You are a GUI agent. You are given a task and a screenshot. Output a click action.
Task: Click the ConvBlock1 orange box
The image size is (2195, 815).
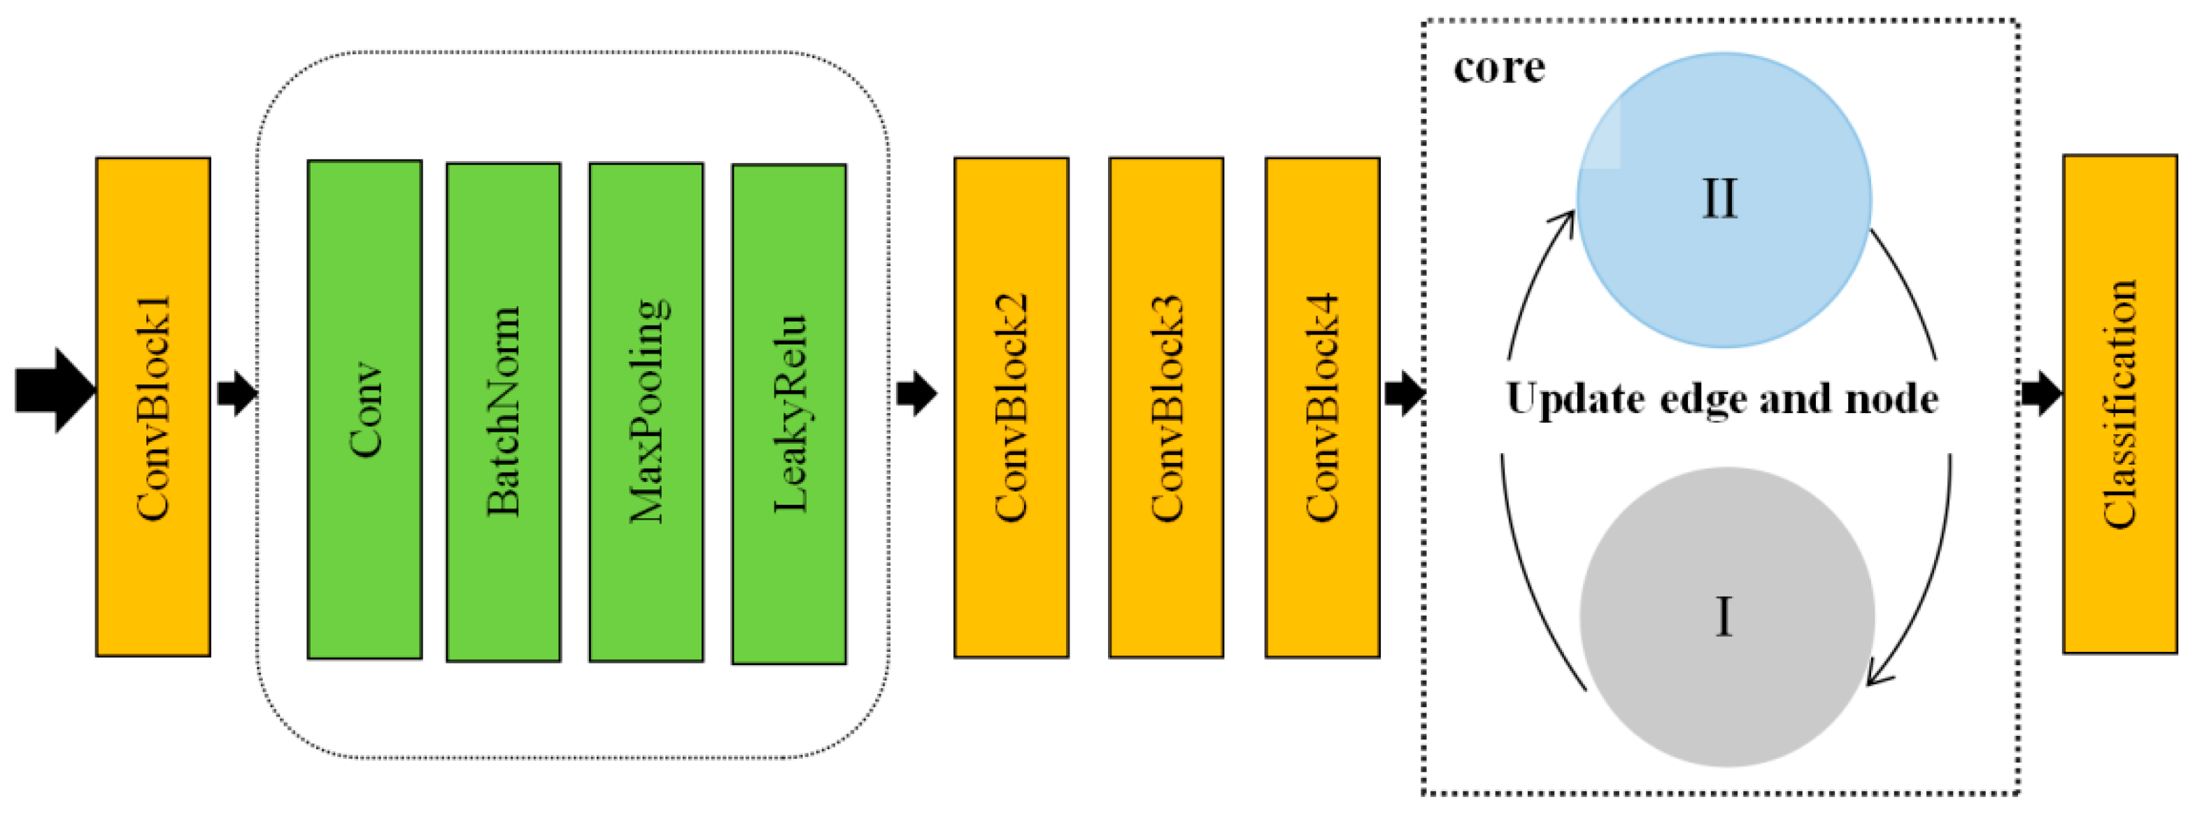click(153, 407)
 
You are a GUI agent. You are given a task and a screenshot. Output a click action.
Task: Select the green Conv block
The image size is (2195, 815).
click(364, 409)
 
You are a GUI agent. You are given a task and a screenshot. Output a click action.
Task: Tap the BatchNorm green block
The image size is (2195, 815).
click(504, 412)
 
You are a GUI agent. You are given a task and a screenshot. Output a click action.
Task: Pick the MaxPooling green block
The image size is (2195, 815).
click(646, 412)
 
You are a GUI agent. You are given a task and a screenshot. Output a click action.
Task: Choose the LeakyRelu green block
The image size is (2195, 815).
click(789, 414)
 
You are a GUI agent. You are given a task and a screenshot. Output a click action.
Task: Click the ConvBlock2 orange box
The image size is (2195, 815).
click(1011, 407)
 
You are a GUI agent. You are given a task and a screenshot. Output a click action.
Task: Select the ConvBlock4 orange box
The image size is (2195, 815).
click(1323, 407)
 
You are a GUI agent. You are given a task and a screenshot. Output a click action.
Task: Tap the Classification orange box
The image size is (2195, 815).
click(2120, 404)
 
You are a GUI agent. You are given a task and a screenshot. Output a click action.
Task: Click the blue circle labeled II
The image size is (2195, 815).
click(1723, 200)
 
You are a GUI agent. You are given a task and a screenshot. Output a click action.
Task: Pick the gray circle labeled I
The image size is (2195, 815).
click(1726, 616)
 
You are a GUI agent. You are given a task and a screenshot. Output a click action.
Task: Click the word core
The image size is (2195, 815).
click(1499, 68)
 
